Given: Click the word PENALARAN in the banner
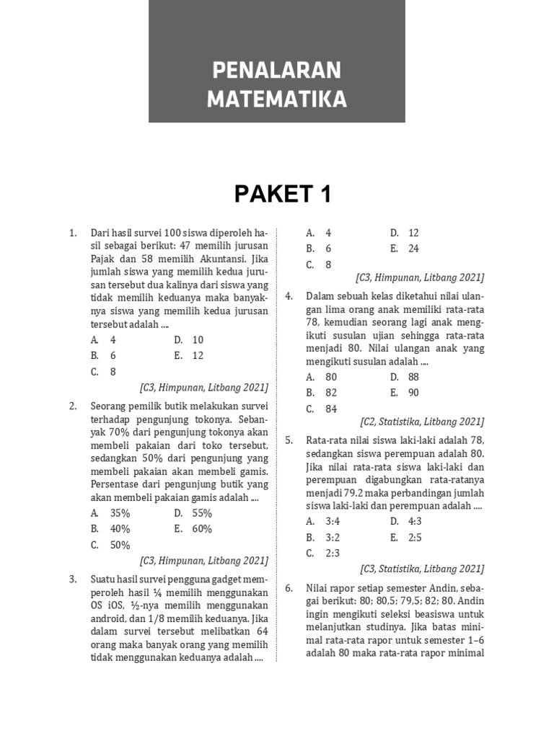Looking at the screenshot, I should pyautogui.click(x=276, y=71).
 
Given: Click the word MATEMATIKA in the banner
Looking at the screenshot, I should pyautogui.click(x=276, y=99).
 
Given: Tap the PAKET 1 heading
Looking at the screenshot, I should pyautogui.click(x=276, y=194).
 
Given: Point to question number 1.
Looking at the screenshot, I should pyautogui.click(x=73, y=234).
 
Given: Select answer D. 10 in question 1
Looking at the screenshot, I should pyautogui.click(x=189, y=339).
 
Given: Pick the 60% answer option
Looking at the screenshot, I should pyautogui.click(x=193, y=529).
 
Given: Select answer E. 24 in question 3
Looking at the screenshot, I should pyautogui.click(x=404, y=249).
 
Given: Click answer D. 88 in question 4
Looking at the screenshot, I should pyautogui.click(x=404, y=377).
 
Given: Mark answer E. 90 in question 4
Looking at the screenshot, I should pyautogui.click(x=404, y=393).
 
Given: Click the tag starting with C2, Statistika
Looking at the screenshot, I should pyautogui.click(x=422, y=422).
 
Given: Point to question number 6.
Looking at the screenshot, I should pyautogui.click(x=289, y=588).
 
